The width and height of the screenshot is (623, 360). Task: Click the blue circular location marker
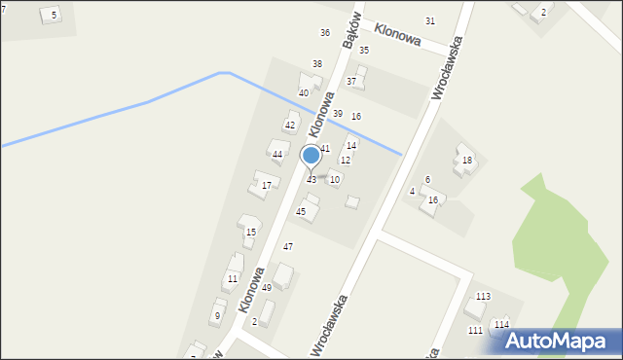click(311, 156)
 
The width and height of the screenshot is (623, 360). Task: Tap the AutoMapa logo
click(553, 341)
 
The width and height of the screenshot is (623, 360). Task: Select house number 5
click(54, 14)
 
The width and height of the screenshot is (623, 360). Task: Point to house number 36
click(325, 33)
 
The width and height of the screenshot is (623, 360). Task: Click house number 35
click(364, 50)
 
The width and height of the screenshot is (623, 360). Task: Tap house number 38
click(316, 63)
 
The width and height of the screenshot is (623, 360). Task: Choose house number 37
click(350, 82)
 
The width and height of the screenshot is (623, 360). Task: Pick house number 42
click(289, 126)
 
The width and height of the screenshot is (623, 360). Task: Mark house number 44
click(277, 155)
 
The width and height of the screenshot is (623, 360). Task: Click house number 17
click(266, 185)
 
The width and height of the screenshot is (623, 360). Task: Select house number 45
click(301, 211)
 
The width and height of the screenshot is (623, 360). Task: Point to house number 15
click(250, 232)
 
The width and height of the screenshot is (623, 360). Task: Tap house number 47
click(288, 247)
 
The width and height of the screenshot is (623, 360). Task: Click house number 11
click(232, 279)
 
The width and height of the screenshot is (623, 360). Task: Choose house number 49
click(266, 288)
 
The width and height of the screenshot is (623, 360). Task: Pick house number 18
click(467, 161)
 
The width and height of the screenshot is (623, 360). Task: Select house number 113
click(483, 296)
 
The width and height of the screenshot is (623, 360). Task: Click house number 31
click(430, 21)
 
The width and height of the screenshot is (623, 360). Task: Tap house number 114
click(500, 324)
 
